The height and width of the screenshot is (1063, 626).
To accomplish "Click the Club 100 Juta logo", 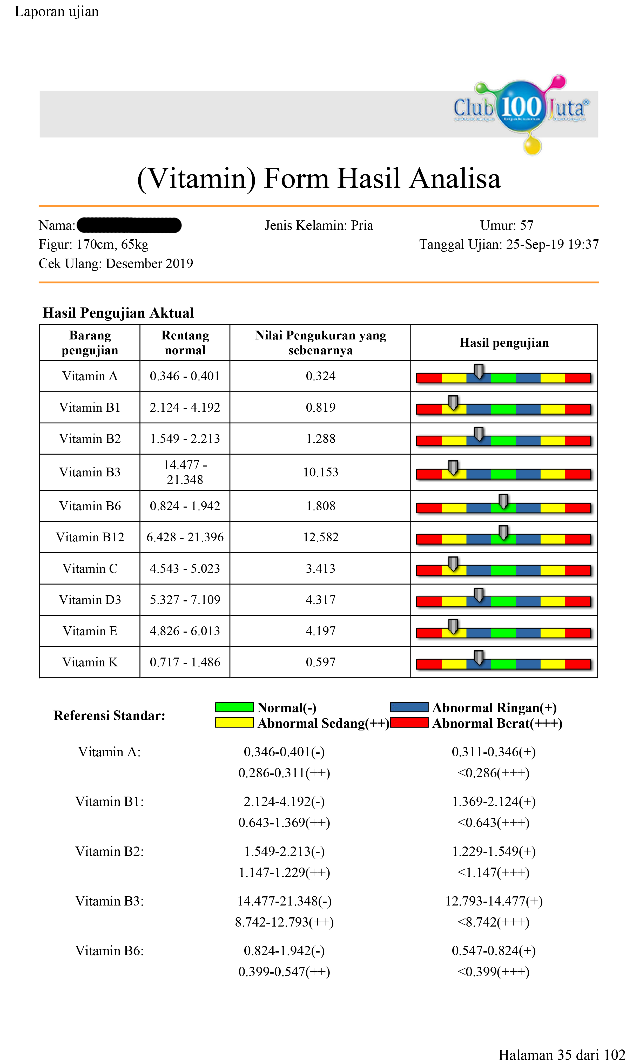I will point(521,111).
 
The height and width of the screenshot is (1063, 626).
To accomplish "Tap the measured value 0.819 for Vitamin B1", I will point(321,407).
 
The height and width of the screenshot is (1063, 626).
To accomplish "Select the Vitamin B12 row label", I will point(90,537).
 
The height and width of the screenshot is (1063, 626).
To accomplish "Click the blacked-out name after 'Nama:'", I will point(129,225).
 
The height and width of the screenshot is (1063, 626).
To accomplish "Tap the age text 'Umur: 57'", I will point(507,225).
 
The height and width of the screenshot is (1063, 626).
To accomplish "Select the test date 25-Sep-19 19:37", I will point(552,244).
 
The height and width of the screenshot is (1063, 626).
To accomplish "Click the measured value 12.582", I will point(321,537).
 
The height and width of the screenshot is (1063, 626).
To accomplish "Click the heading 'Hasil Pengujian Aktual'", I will point(118,313).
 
